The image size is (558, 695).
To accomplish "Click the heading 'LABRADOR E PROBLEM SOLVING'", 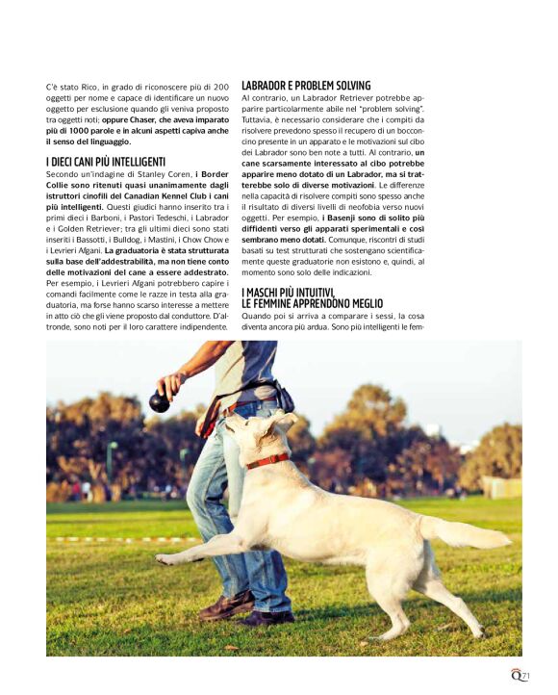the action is click(305, 86).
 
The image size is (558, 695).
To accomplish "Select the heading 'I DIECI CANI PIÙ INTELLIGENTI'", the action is click(105, 161).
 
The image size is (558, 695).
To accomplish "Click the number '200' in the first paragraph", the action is click(220, 87).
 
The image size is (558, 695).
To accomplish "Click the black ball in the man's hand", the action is click(160, 402).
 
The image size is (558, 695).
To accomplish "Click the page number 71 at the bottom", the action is click(524, 675).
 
